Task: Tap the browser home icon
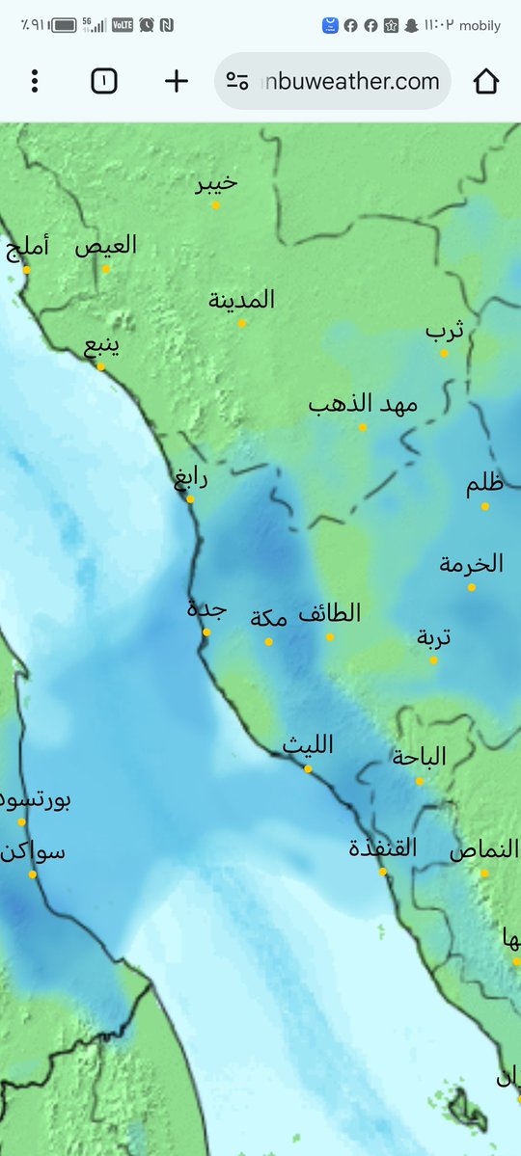click(x=486, y=82)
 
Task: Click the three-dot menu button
click(x=35, y=82)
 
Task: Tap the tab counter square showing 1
click(x=103, y=82)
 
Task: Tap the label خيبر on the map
click(x=216, y=183)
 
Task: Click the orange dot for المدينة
click(x=242, y=323)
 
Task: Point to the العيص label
click(x=106, y=246)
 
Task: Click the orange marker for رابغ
click(x=190, y=499)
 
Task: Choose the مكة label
click(x=269, y=618)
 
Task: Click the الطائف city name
click(x=330, y=613)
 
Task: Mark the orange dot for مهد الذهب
click(x=363, y=427)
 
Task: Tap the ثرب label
click(x=445, y=332)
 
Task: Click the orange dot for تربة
click(x=434, y=660)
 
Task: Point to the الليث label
click(x=308, y=745)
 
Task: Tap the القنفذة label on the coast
click(x=383, y=848)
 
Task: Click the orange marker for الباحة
click(x=420, y=781)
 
